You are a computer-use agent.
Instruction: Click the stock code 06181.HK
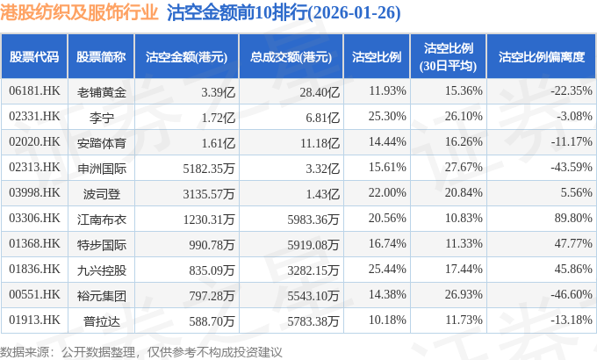(x=34, y=91)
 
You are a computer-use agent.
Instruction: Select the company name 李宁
(x=102, y=117)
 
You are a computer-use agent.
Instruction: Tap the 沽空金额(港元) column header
(x=187, y=57)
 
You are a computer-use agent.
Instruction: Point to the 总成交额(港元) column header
(x=291, y=57)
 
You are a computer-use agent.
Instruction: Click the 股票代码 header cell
(x=34, y=57)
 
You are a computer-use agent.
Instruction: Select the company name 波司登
(x=102, y=193)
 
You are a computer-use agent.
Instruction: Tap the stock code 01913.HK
(x=34, y=321)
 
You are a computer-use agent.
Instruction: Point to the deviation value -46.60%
(x=563, y=296)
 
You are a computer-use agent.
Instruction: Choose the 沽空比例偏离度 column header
(x=541, y=57)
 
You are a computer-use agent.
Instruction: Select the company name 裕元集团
(x=102, y=296)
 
